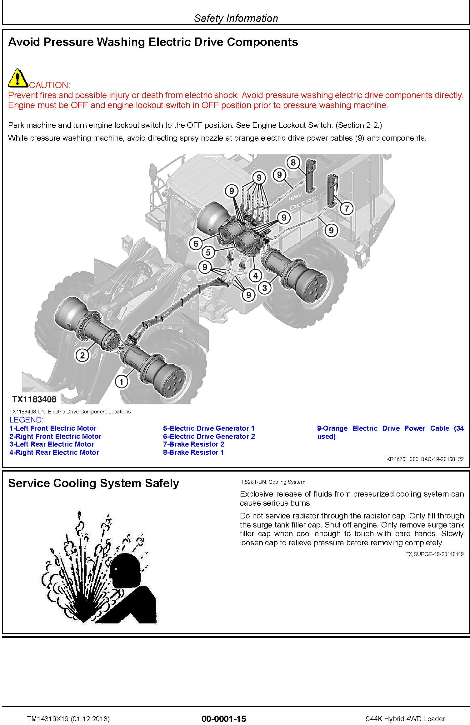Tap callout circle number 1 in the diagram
pos(122,381)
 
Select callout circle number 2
pos(82,355)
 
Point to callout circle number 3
pos(265,288)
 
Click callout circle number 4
pos(256,276)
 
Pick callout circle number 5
pos(208,252)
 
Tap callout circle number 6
pos(196,243)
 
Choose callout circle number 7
pos(347,208)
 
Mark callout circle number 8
pos(293,162)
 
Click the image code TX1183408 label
pos(34,399)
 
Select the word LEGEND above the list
pos(26,420)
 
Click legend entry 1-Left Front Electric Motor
pos(53,428)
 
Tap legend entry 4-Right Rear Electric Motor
pos(54,452)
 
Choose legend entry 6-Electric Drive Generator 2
pos(209,436)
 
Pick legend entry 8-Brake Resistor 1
pos(193,452)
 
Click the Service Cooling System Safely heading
pos(93,483)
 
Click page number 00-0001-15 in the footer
pos(224,719)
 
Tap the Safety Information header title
pos(236,18)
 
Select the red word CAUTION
pos(49,85)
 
